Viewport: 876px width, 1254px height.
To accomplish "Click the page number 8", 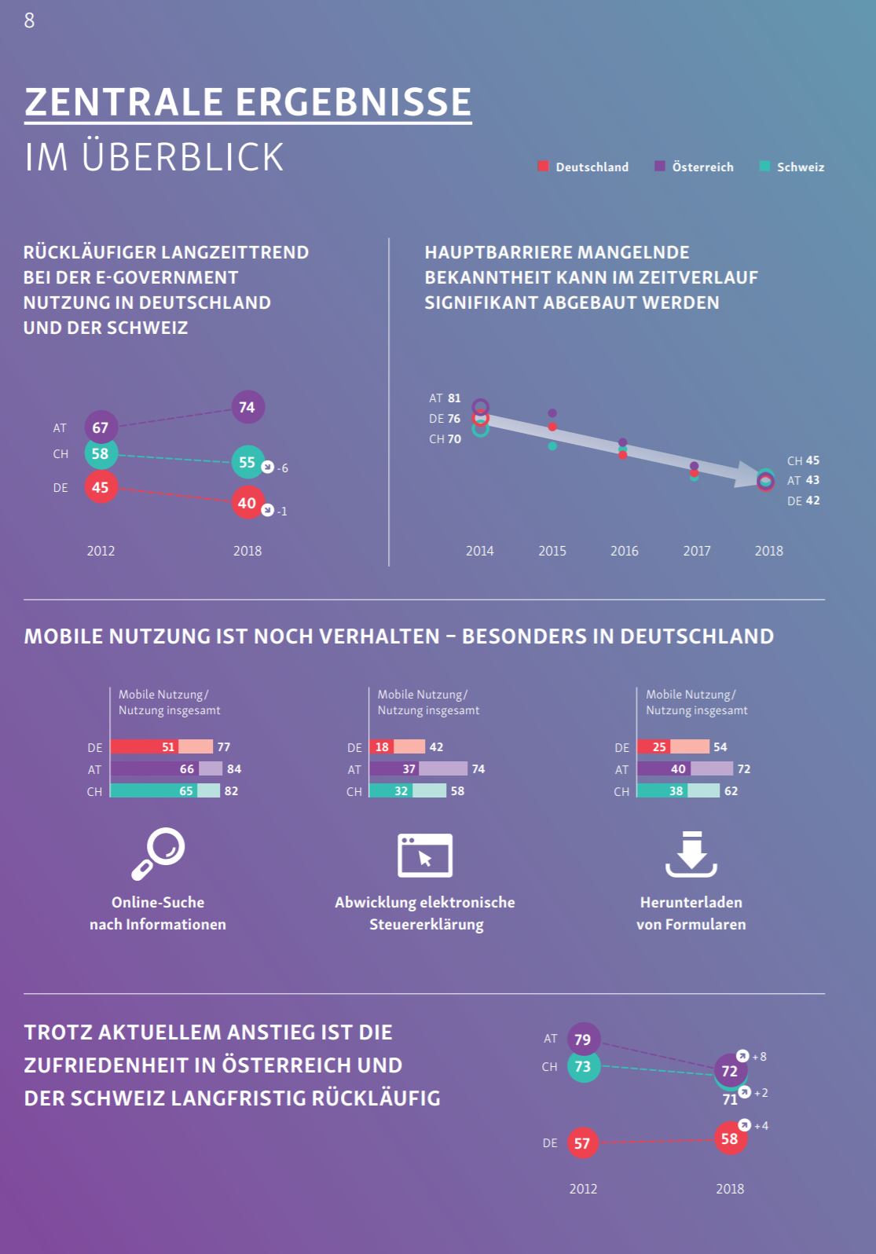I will [x=29, y=20].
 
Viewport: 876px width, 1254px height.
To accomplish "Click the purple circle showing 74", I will [x=247, y=407].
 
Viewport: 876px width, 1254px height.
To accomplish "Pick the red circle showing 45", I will [x=101, y=487].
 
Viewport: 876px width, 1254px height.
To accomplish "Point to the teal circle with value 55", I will [x=247, y=462].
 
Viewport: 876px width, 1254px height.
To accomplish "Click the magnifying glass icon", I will [x=158, y=853].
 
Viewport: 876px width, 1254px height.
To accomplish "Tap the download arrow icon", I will [x=691, y=854].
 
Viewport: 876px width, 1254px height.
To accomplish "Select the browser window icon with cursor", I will [x=425, y=855].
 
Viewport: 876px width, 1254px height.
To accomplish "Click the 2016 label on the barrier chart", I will [x=625, y=551].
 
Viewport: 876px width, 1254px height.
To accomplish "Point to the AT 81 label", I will [x=445, y=398].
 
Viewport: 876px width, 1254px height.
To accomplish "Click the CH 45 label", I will [x=803, y=460].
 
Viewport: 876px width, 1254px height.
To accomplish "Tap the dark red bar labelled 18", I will [x=381, y=746].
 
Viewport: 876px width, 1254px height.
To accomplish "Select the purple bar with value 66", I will [x=155, y=768].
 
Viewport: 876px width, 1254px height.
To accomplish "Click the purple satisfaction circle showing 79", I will [x=582, y=1039].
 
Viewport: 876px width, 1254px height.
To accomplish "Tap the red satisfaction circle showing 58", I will [x=730, y=1138].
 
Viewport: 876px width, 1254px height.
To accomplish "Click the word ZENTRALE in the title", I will [x=123, y=102].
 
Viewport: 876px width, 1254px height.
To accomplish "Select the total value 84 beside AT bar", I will [x=234, y=768].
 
